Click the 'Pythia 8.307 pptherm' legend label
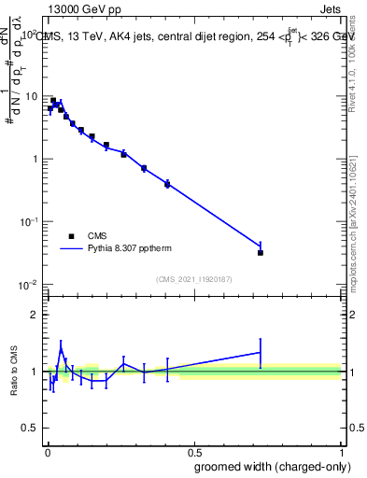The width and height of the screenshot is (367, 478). (128, 249)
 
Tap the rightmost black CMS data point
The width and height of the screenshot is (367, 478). (261, 253)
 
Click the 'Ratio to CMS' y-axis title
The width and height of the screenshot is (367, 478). (14, 372)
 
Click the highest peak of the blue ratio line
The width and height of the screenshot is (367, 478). (61, 350)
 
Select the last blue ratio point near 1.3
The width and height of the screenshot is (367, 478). (261, 352)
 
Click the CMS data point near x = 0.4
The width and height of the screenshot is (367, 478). (167, 184)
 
